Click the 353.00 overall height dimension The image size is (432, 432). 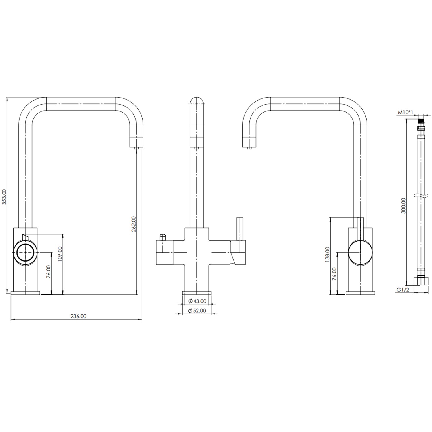[4, 196]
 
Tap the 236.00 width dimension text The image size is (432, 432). [78, 316]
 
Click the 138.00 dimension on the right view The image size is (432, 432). [327, 254]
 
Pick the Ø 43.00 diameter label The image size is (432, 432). [197, 301]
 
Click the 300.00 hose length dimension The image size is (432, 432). [403, 205]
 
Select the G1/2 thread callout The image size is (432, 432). [403, 290]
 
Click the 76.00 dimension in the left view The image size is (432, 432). [49, 271]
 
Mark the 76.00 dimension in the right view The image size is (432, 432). [334, 273]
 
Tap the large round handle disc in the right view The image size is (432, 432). [360, 252]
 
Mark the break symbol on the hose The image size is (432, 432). [421, 196]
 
